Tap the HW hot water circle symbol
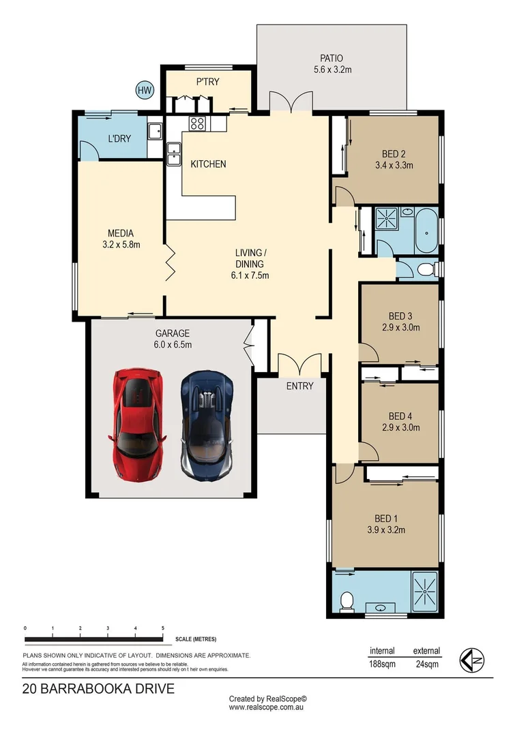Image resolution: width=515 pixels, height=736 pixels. click(144, 89)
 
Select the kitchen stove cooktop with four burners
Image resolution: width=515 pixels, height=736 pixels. click(198, 123)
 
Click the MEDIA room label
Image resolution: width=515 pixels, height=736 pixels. click(120, 233)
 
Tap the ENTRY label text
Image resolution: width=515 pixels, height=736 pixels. click(299, 386)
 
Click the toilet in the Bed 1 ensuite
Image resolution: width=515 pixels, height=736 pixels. click(347, 600)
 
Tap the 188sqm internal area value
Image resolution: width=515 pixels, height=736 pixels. click(382, 664)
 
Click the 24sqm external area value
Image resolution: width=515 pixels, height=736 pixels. click(426, 664)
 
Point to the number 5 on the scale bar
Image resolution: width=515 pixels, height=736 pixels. click(162, 628)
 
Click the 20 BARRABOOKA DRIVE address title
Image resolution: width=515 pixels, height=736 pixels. click(98, 688)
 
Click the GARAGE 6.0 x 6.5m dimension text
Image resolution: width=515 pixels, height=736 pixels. click(173, 345)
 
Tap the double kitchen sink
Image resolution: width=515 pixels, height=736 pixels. click(173, 153)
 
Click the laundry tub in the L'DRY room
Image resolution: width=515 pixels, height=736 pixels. click(155, 130)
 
